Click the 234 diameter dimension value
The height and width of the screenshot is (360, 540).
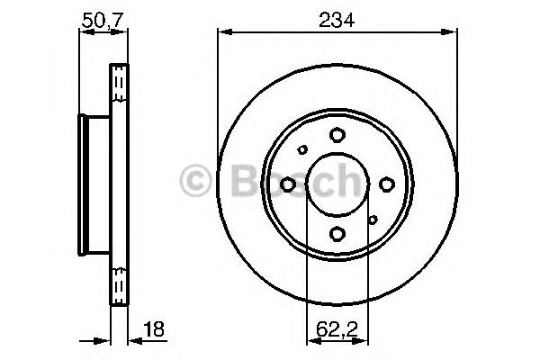pyautogui.click(x=336, y=20)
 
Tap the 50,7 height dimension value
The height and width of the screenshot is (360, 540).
pyautogui.click(x=103, y=21)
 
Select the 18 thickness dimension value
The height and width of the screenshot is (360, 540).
pyautogui.click(x=154, y=329)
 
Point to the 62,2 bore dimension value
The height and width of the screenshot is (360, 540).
pyautogui.click(x=337, y=329)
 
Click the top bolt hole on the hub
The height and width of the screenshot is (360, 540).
pyautogui.click(x=337, y=135)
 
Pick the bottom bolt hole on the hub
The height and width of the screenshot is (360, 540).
pyautogui.click(x=337, y=234)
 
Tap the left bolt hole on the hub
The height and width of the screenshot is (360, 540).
pyautogui.click(x=288, y=184)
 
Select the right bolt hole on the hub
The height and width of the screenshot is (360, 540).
pyautogui.click(x=387, y=184)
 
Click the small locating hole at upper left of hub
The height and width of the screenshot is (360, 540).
pyautogui.click(x=302, y=149)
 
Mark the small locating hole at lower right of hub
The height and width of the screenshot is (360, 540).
pyautogui.click(x=373, y=220)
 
